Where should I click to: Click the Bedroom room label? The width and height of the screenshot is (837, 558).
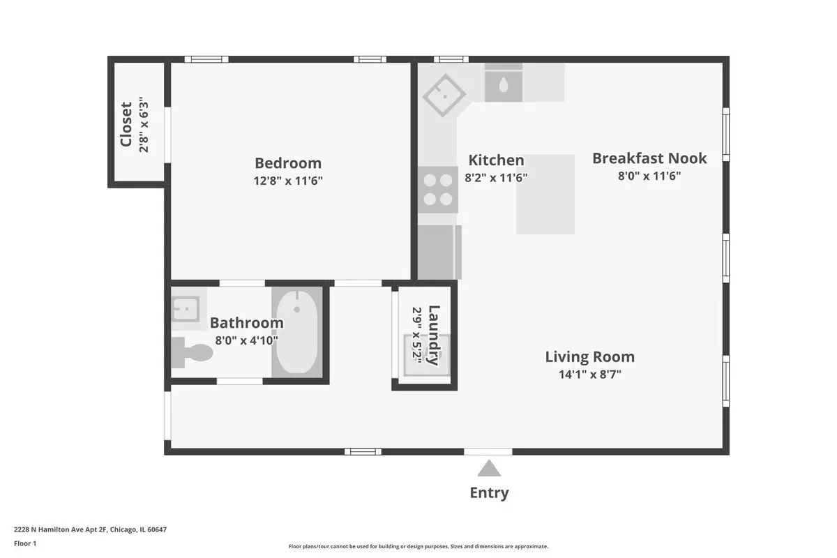[x=287, y=163]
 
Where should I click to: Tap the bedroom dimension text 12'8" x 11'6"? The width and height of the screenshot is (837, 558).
[x=287, y=181]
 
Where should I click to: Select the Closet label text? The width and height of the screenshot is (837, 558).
[x=126, y=124]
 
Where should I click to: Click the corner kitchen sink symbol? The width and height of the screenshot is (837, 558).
[x=444, y=96]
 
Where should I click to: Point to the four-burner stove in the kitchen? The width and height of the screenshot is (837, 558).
[x=438, y=190]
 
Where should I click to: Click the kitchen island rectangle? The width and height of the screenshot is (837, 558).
[x=545, y=195]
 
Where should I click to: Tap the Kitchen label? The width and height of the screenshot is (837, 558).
[x=496, y=160]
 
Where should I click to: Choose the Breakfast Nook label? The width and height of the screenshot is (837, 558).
[x=649, y=158]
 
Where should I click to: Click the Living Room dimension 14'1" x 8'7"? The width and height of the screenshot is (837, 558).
[x=589, y=375]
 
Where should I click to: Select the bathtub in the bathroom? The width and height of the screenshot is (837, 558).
[x=297, y=332]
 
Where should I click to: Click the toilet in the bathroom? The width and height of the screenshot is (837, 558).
[x=192, y=352]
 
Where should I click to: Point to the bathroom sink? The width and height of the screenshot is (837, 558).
[x=186, y=309]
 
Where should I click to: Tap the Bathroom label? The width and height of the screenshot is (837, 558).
[x=247, y=323]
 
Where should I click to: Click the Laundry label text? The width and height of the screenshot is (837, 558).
[x=434, y=335]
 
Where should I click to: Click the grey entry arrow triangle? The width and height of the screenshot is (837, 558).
[x=489, y=468]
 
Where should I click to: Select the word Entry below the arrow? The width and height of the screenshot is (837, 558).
[x=489, y=493]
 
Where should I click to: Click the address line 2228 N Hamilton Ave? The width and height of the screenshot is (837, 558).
[x=91, y=529]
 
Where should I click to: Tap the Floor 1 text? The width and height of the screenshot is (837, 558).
[x=25, y=544]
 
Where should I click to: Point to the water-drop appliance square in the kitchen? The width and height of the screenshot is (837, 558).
[x=504, y=86]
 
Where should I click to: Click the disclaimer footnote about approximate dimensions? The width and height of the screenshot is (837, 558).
[x=418, y=546]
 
